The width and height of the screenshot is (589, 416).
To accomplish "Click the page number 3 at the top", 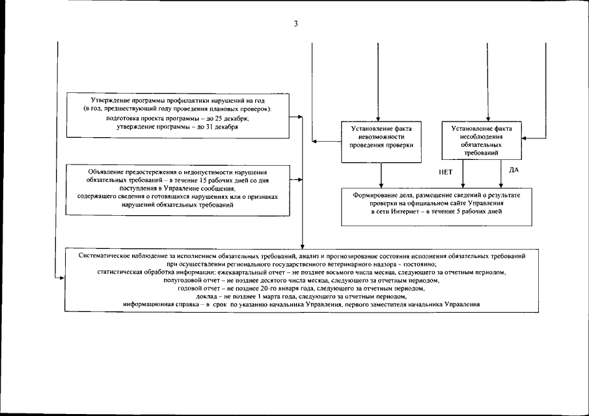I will pyautogui.click(x=295, y=25).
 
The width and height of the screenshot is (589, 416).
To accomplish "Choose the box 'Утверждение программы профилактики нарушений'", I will pyautogui.click(x=178, y=114).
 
